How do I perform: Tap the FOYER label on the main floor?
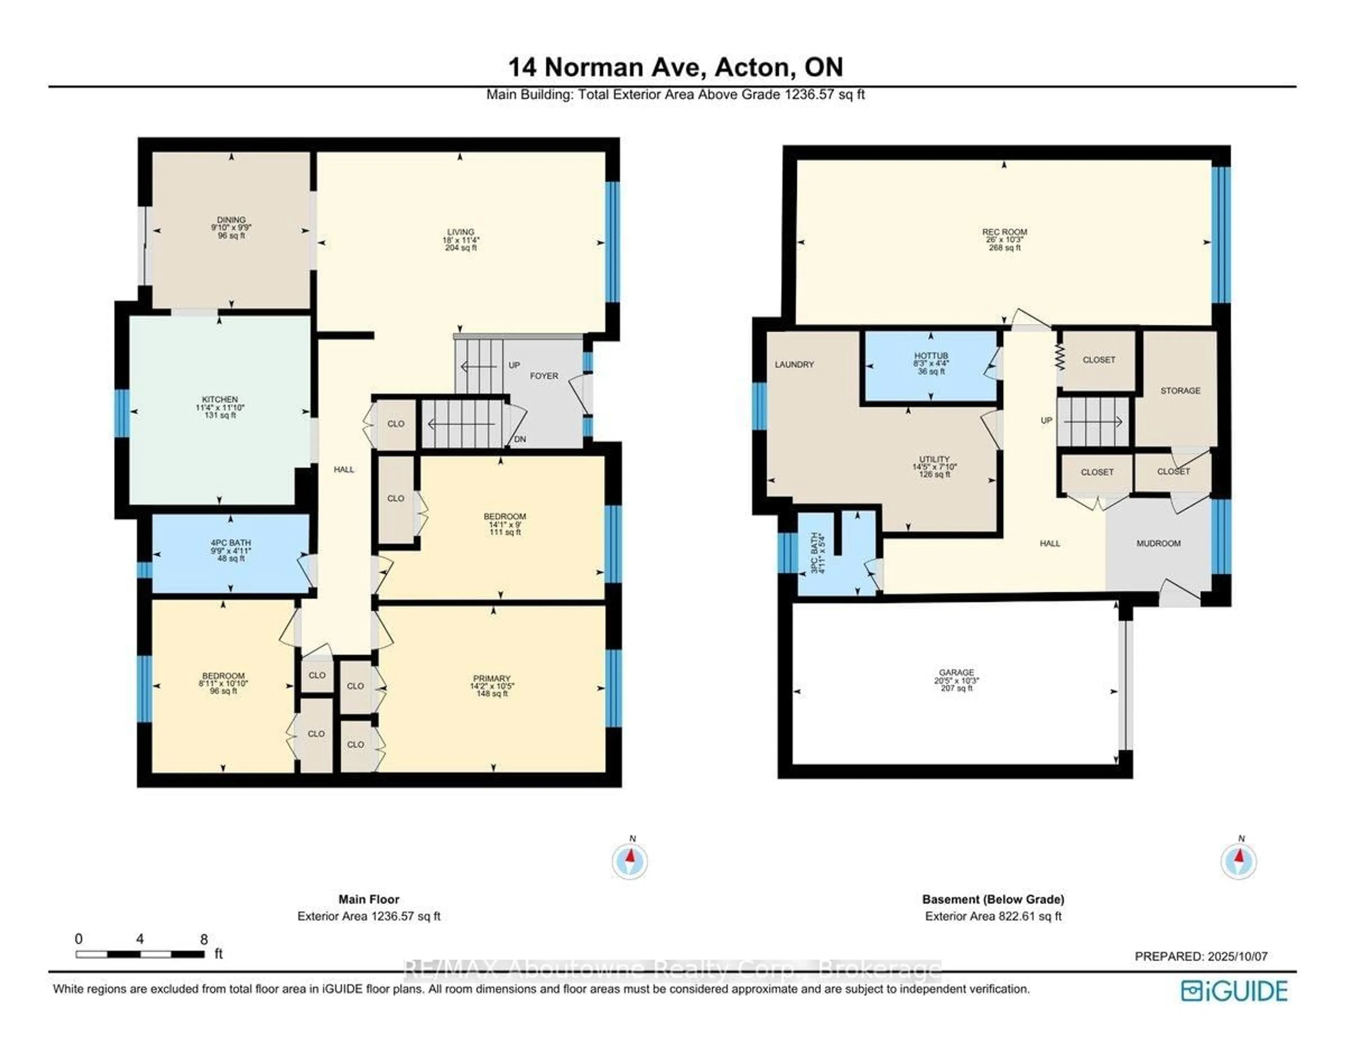(544, 376)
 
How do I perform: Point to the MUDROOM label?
(1158, 543)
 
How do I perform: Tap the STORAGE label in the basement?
(1181, 391)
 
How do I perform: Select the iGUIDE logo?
(1235, 991)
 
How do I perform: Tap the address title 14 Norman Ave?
(607, 67)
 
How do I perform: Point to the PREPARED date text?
(1201, 956)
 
